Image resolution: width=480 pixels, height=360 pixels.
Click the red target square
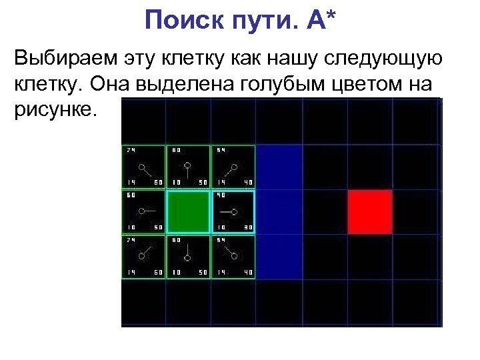click(369, 211)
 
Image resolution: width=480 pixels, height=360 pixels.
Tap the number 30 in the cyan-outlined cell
click(247, 227)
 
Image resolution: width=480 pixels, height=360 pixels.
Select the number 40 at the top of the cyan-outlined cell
click(221, 196)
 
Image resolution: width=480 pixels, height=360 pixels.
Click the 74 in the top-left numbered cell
click(130, 150)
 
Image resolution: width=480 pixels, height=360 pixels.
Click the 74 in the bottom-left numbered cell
click(130, 241)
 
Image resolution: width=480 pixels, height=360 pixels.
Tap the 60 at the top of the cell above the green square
click(176, 150)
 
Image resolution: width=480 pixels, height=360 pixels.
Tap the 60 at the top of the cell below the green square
click(176, 241)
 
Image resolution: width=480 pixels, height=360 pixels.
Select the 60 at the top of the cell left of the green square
click(131, 196)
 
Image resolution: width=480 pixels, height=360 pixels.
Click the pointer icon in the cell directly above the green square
click(187, 167)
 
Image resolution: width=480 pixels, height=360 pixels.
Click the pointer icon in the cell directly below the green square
click(187, 254)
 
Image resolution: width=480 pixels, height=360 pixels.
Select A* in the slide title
click(322, 21)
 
